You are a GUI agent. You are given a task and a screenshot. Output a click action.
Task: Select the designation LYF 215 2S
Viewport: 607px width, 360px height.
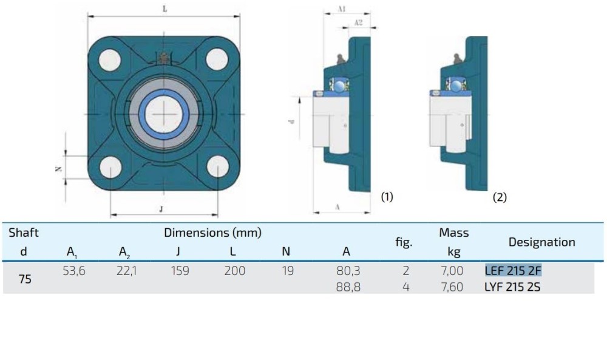point(512,287)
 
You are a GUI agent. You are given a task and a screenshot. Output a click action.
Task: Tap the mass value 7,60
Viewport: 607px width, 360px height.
point(451,287)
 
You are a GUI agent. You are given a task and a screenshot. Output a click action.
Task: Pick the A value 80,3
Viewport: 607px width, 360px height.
point(348,271)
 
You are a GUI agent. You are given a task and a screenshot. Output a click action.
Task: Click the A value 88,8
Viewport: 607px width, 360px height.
point(348,287)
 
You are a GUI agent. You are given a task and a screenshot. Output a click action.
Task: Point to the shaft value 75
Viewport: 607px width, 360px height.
point(25,279)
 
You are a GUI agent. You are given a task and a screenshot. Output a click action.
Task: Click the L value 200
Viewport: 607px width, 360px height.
point(234,271)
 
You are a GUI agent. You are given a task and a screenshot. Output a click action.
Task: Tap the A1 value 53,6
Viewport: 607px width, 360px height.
point(74,271)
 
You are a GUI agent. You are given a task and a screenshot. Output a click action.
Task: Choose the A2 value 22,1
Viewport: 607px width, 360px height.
point(127,271)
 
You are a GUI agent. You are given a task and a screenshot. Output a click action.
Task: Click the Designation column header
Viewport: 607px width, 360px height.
point(541,242)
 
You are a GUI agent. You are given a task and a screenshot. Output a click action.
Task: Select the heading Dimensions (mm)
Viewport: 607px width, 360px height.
point(212,233)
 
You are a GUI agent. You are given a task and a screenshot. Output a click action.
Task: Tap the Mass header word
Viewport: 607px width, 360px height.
point(453,233)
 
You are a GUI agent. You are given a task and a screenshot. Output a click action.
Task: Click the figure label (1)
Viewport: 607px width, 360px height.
point(387,197)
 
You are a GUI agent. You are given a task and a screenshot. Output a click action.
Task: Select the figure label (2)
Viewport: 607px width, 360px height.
point(500,197)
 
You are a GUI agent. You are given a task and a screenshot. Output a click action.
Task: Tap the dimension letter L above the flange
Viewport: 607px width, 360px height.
point(165,9)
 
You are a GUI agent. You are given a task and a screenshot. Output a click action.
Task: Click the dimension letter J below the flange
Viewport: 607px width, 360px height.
point(161,209)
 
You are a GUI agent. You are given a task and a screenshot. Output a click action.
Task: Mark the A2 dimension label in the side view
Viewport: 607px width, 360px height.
point(358,22)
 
